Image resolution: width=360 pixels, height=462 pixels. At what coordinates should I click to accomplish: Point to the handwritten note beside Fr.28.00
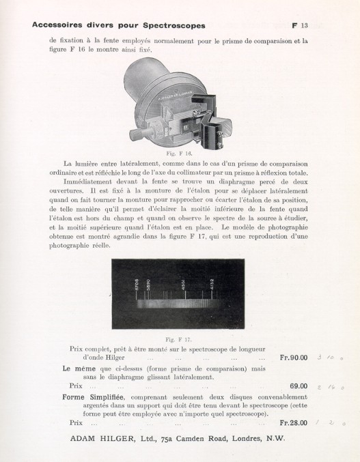(x=331, y=423)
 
